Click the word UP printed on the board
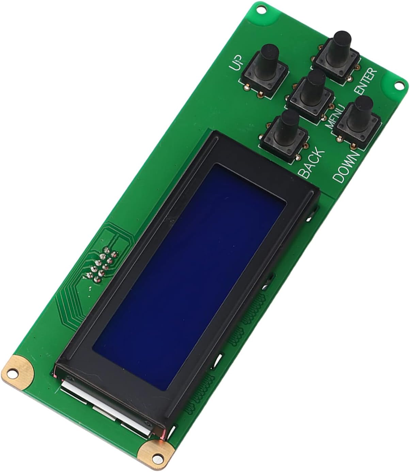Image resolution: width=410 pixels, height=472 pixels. point(236,63)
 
